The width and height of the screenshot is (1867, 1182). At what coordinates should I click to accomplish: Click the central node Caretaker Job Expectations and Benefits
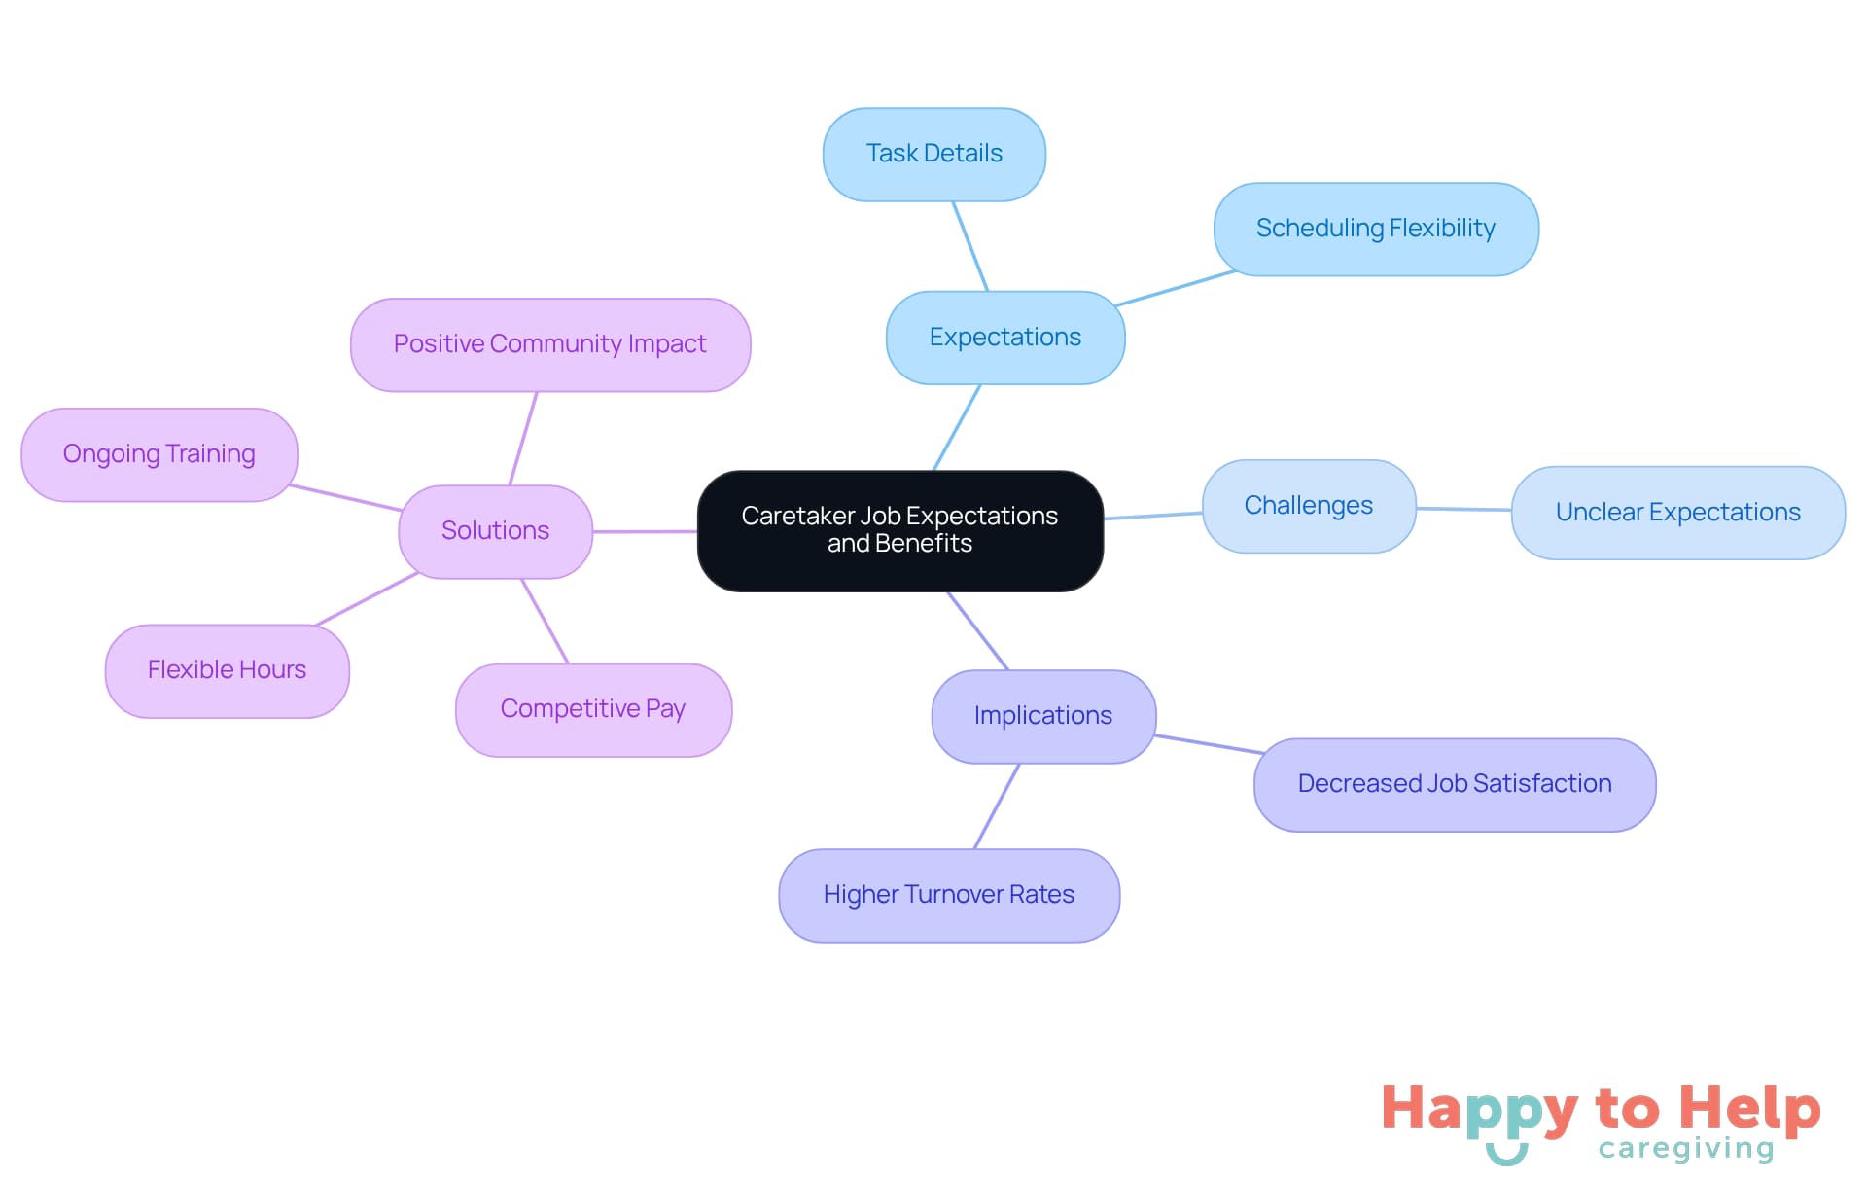(x=899, y=530)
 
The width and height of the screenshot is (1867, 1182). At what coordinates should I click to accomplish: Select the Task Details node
(x=933, y=154)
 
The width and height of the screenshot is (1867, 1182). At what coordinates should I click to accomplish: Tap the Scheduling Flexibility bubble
(x=1375, y=229)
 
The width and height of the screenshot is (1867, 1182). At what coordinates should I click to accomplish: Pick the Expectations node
(x=1004, y=338)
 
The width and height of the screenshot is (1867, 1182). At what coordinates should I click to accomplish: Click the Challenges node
(x=1308, y=506)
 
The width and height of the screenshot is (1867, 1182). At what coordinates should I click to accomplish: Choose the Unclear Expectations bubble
(x=1677, y=513)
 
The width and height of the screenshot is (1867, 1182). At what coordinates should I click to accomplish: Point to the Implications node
(x=1042, y=716)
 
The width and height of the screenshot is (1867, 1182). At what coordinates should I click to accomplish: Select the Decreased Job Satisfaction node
(x=1454, y=784)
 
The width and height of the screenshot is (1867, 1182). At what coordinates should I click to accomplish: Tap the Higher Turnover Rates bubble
(x=948, y=895)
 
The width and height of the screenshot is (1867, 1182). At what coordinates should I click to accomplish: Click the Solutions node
(x=495, y=531)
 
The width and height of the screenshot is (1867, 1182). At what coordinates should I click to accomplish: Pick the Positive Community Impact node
(x=549, y=344)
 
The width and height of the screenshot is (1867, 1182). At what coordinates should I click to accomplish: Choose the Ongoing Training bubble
(x=159, y=454)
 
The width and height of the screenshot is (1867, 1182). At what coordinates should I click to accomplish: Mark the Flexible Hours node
(x=227, y=670)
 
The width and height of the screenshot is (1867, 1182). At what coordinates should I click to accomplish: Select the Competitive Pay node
(x=593, y=709)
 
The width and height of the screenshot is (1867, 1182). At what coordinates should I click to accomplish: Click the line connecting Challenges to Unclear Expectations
(x=1463, y=509)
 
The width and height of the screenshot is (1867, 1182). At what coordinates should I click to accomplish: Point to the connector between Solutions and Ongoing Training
(x=345, y=497)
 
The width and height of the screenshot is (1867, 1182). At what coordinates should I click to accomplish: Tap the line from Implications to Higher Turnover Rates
(x=997, y=806)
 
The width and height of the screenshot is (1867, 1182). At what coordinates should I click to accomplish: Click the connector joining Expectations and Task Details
(x=970, y=246)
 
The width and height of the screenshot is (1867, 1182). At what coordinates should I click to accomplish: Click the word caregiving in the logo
(x=1685, y=1149)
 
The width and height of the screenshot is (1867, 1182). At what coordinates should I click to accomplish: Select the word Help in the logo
(x=1749, y=1108)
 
